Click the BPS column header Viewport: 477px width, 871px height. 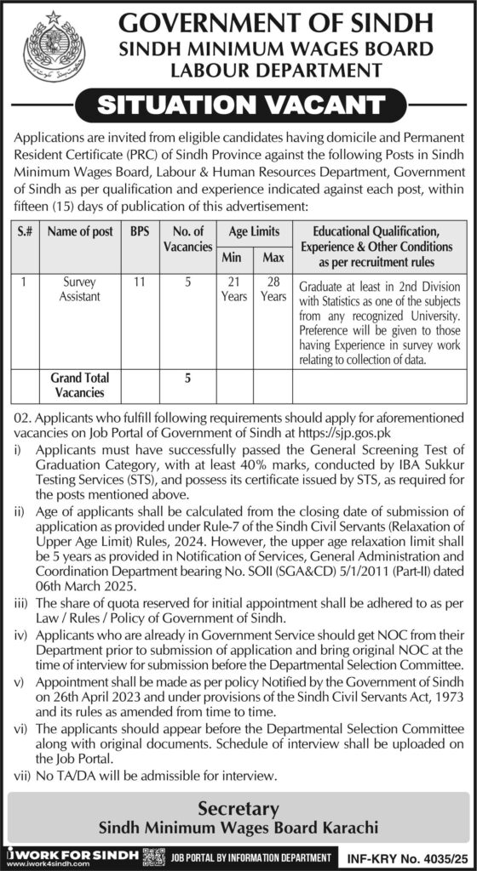(x=139, y=231)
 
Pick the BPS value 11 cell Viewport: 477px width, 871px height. (x=139, y=282)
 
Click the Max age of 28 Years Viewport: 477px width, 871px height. (x=273, y=289)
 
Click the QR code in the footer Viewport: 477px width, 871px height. (x=153, y=855)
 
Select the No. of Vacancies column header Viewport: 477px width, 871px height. (x=187, y=239)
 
